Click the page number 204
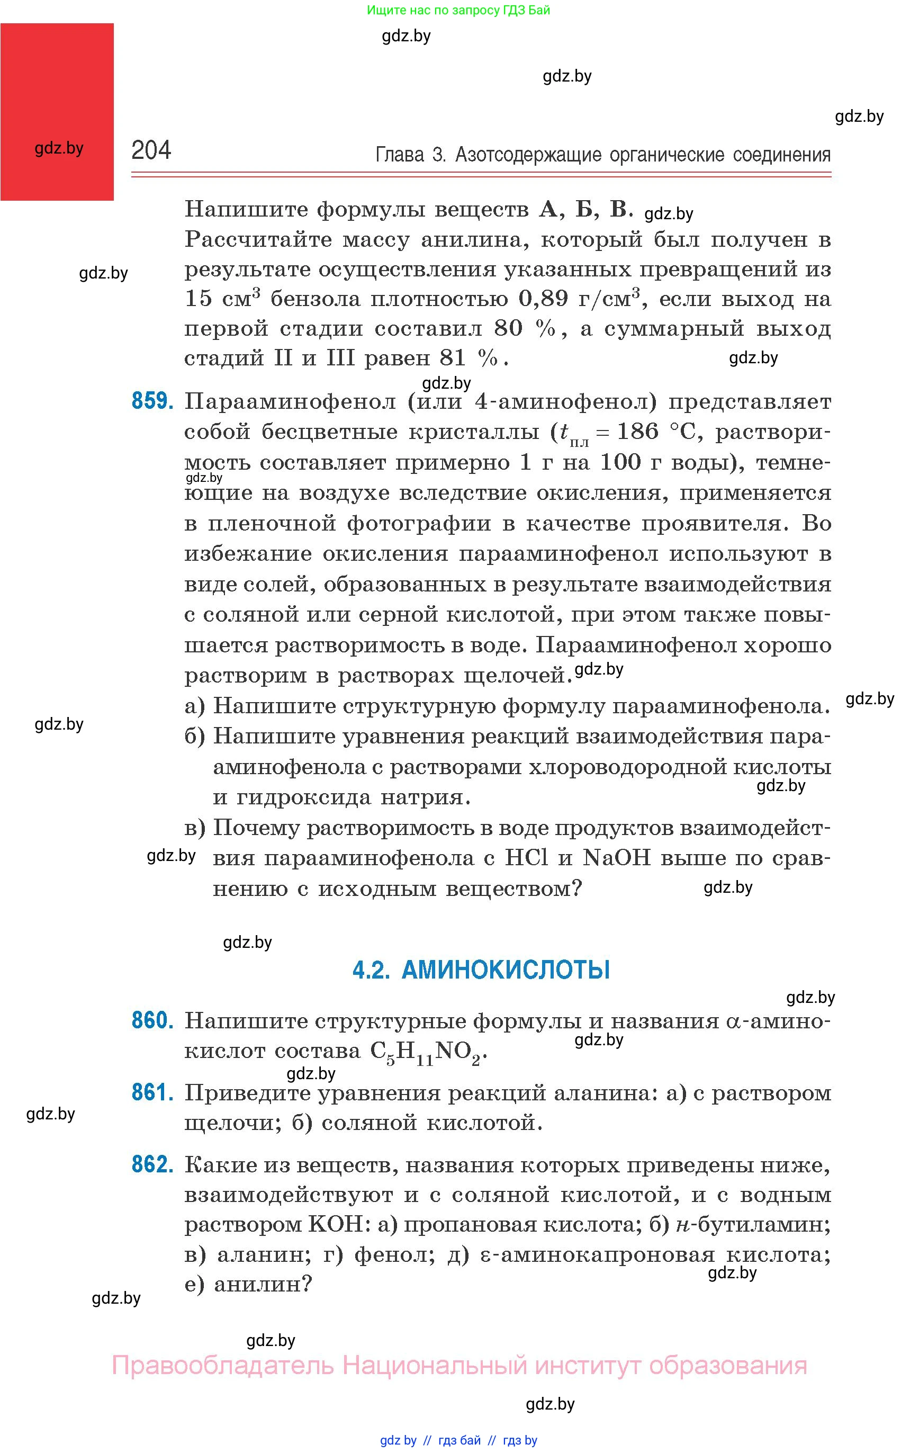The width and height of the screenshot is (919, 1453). pyautogui.click(x=151, y=150)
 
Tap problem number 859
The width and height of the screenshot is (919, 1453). pyautogui.click(x=152, y=401)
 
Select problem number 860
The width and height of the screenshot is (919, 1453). pyautogui.click(x=152, y=1020)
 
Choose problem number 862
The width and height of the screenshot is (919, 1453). pyautogui.click(x=152, y=1164)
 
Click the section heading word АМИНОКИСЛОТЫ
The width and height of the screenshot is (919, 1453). pyautogui.click(x=506, y=970)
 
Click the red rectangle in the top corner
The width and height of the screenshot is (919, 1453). pyautogui.click(x=57, y=112)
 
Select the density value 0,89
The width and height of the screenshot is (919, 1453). pyautogui.click(x=543, y=299)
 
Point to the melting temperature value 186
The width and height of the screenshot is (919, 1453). pyautogui.click(x=637, y=432)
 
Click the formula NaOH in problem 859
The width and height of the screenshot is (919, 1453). pyautogui.click(x=616, y=857)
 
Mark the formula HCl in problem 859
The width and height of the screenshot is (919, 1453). pyautogui.click(x=526, y=857)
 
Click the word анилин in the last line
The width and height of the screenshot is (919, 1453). pyautogui.click(x=263, y=1285)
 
